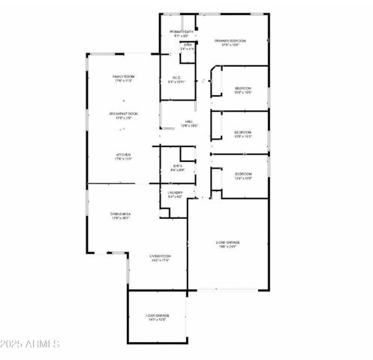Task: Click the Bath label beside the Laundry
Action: [177, 166]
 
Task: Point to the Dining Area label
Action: [122, 214]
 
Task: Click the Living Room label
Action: [158, 256]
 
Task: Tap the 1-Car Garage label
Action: [158, 315]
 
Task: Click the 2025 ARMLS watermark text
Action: [31, 344]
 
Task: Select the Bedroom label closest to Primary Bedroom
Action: [242, 88]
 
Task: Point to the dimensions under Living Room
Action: [158, 261]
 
